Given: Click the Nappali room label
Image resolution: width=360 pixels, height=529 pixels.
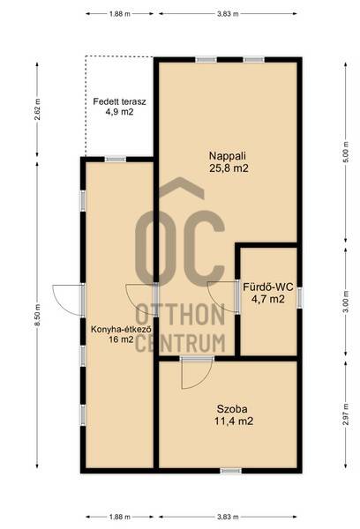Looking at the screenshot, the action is (228, 156).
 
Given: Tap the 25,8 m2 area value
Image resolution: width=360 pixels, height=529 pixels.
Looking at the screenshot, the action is (229, 168).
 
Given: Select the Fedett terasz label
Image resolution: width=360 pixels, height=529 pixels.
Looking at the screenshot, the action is (119, 101).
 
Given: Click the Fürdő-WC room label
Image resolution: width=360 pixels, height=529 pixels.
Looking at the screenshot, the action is (268, 287).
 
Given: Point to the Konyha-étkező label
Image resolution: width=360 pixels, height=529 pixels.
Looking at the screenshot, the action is (121, 329).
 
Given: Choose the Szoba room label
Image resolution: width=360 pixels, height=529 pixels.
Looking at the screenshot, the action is (232, 409).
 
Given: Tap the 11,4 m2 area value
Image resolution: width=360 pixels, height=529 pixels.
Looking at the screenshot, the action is (234, 421).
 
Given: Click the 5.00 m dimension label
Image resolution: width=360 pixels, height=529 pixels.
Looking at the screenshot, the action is (346, 153).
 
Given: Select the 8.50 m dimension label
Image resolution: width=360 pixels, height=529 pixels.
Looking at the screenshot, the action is (37, 315).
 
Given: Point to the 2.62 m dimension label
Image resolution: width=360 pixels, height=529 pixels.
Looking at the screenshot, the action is (37, 109).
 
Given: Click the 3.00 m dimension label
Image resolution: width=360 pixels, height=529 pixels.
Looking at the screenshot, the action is (346, 302).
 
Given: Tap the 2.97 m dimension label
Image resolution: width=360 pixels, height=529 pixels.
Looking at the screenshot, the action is (346, 414).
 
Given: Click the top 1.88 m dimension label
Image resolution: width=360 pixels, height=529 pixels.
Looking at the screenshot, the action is (119, 14).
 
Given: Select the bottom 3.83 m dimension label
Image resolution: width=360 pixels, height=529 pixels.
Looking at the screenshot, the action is (228, 517).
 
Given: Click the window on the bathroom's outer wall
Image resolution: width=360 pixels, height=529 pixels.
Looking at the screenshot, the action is (299, 297).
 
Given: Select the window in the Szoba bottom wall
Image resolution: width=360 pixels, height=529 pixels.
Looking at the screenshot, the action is (231, 471).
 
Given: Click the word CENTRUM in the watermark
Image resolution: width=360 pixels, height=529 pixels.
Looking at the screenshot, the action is (180, 342).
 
